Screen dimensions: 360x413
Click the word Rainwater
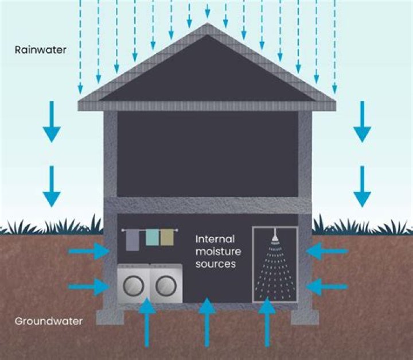pos(41,50)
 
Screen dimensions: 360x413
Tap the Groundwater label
pos(48,322)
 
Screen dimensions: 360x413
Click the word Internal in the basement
pos(213,239)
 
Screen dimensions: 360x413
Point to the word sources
pos(216,265)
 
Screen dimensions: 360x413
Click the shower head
pos(275,236)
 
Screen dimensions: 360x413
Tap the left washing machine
pos(133,283)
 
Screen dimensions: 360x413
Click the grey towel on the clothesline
pos(131,239)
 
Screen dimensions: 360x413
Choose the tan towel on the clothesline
pos(167,237)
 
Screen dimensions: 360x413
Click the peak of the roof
pos(207,26)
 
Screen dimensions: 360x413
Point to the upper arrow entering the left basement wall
pos(89,251)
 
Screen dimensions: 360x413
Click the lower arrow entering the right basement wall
pos(326,285)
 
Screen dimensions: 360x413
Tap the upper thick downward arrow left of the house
pos(52,121)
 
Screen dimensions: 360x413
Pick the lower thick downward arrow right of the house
pos(362,186)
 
